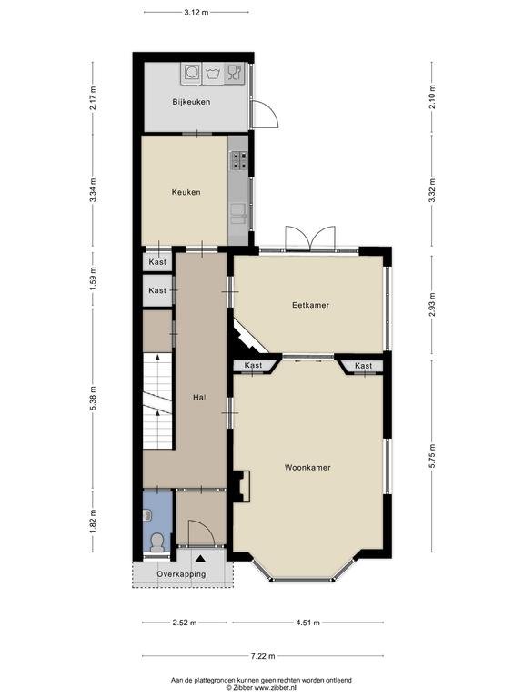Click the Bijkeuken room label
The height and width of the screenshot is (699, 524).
[x=191, y=102]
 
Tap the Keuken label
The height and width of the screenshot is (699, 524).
[x=186, y=192]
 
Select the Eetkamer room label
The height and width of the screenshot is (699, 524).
[x=310, y=305]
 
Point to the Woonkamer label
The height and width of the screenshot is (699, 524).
[x=307, y=468]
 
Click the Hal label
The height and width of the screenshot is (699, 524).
[x=199, y=397]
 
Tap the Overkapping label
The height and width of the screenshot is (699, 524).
[x=181, y=574]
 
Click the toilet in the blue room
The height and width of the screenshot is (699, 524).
[x=156, y=542]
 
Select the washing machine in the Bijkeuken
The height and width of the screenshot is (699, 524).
[x=192, y=73]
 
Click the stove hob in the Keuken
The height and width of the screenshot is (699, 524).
[x=239, y=160]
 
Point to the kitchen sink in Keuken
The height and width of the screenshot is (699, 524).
[x=238, y=213]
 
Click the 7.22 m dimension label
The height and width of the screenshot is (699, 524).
[x=263, y=655]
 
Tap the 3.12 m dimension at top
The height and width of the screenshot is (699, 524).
[x=196, y=13]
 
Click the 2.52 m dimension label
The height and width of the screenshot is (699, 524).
[x=185, y=623]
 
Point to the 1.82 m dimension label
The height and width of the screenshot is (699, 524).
[x=93, y=522]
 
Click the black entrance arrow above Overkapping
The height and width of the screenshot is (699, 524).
[x=200, y=558]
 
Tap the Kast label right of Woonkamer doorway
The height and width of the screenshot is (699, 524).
[x=364, y=366]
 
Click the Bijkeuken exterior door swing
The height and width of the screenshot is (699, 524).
[x=266, y=115]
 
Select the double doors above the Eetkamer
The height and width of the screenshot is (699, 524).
[x=310, y=238]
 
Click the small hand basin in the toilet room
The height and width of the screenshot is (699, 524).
[x=146, y=516]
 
